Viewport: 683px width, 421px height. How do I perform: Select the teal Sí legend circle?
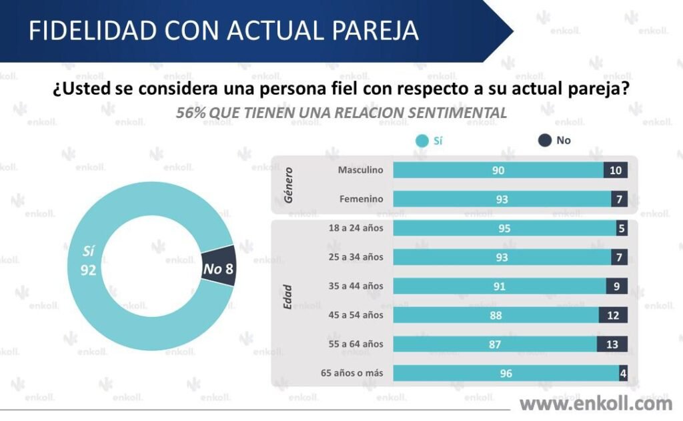421,141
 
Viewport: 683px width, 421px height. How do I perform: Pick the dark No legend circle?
545,141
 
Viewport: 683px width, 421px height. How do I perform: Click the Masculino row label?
360,170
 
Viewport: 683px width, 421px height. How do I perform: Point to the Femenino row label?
361,199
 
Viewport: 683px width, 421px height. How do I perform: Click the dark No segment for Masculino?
615,170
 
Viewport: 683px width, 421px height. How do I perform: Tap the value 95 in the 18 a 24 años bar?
504,228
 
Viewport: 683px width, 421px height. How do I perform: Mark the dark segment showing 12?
613,315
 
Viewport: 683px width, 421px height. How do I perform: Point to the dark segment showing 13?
612,344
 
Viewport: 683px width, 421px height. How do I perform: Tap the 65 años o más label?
351,373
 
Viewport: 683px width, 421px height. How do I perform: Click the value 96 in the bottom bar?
506,374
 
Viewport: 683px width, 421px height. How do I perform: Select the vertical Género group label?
289,185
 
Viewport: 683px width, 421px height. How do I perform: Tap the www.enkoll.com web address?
596,403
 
